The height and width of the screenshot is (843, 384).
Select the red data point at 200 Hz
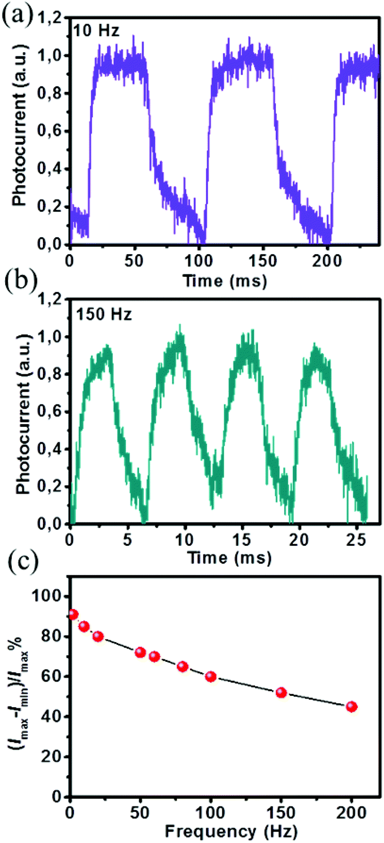click(x=352, y=706)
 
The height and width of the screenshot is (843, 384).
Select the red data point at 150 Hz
click(x=281, y=692)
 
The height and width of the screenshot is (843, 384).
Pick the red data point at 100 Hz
click(x=211, y=676)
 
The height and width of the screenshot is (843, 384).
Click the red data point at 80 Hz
click(x=183, y=666)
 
